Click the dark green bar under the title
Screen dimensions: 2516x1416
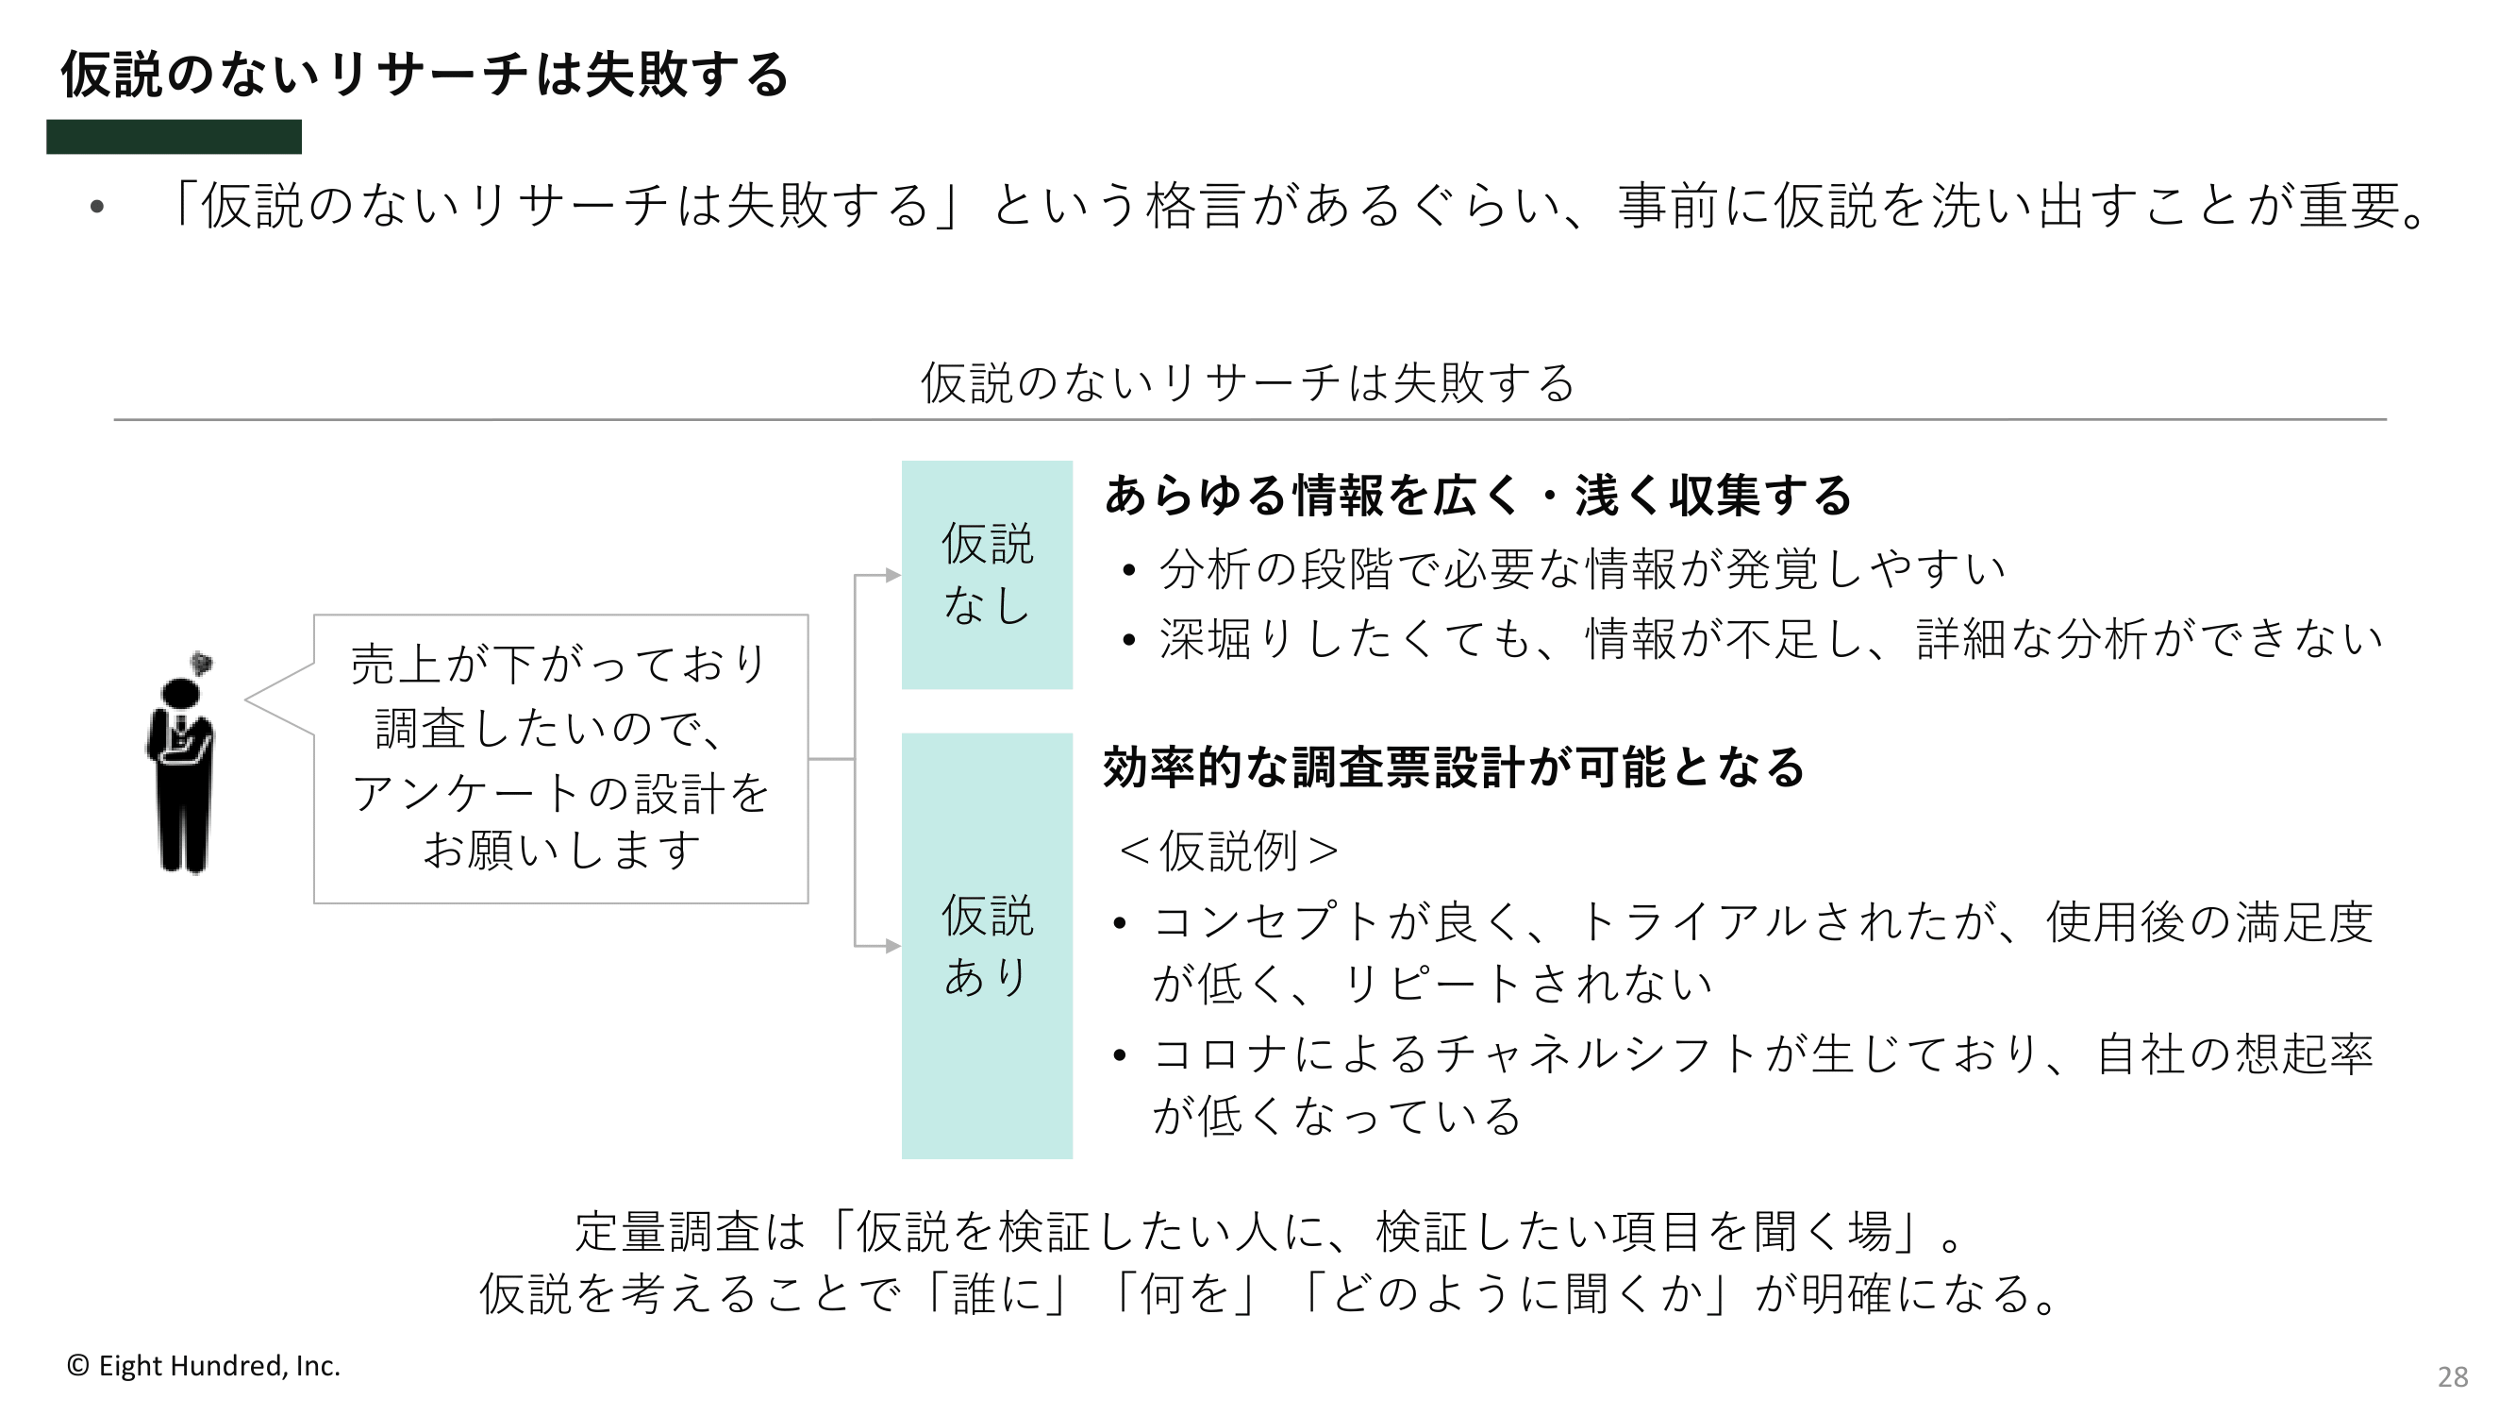(x=174, y=137)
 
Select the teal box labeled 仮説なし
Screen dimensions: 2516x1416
(x=987, y=575)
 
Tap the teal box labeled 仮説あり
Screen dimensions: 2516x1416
(x=987, y=946)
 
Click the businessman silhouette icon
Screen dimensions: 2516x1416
(x=182, y=762)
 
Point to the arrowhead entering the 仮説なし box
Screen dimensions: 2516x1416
(x=892, y=576)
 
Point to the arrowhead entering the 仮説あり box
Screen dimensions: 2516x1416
(x=892, y=946)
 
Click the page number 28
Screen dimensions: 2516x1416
(x=2453, y=1377)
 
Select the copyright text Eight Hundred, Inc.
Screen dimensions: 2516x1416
(x=203, y=1365)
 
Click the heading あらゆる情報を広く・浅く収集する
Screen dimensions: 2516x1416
(x=1477, y=496)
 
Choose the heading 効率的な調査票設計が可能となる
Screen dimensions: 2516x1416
(x=1454, y=767)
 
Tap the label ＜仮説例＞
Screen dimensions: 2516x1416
(x=1228, y=851)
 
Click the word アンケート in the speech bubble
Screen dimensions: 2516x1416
(x=468, y=792)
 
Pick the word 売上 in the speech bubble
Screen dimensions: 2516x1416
(x=396, y=665)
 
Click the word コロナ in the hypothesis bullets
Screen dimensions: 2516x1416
(x=1222, y=1054)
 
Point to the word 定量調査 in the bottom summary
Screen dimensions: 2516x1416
(x=667, y=1231)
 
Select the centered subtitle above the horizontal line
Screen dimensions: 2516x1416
(x=1248, y=382)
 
